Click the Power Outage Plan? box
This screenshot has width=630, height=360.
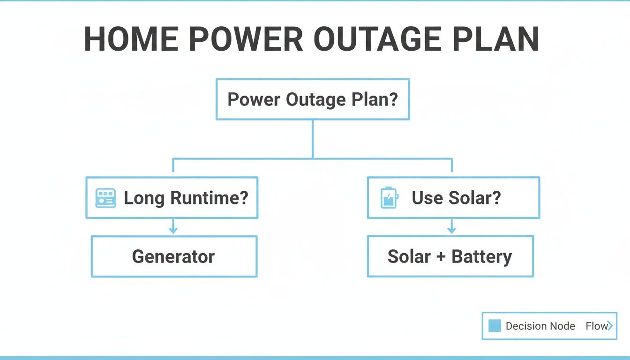tap(313, 99)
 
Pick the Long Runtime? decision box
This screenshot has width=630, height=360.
tap(172, 198)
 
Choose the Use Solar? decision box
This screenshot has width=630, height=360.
tap(453, 198)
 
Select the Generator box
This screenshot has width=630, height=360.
tap(173, 256)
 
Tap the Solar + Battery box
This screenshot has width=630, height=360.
tap(450, 256)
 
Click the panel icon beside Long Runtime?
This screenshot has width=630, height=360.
tap(105, 198)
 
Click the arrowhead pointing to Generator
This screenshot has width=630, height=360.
tap(173, 230)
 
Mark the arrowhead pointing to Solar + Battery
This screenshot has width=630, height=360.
tap(451, 230)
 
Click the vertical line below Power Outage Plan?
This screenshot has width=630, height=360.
tap(313, 138)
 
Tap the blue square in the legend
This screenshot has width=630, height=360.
tap(495, 326)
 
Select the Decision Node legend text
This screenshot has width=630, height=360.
tap(540, 326)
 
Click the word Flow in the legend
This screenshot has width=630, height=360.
tap(596, 326)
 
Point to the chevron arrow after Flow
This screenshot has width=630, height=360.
tap(610, 326)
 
